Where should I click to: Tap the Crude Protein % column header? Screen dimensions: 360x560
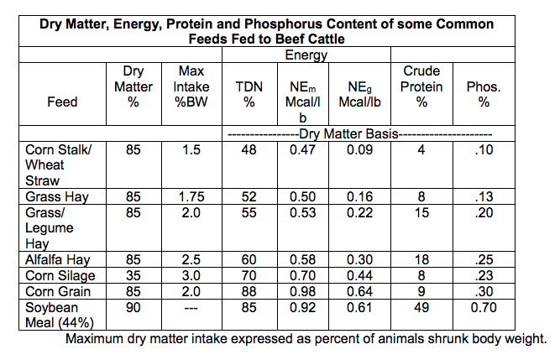click(421, 86)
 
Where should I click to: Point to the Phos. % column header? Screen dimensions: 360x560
click(484, 94)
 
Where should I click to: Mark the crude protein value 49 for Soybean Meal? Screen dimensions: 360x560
click(421, 307)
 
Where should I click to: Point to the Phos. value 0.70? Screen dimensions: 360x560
click(484, 307)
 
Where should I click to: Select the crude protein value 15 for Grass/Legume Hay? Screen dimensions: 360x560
click(421, 212)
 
